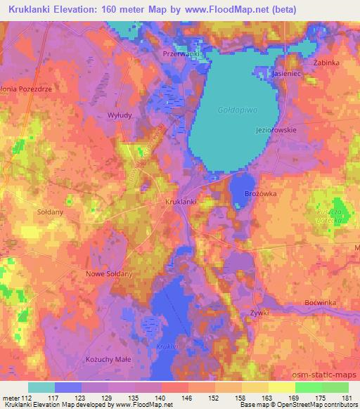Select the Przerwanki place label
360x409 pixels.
pyautogui.click(x=182, y=53)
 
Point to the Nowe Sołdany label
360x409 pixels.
pyautogui.click(x=108, y=274)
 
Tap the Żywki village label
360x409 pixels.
pyautogui.click(x=259, y=312)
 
